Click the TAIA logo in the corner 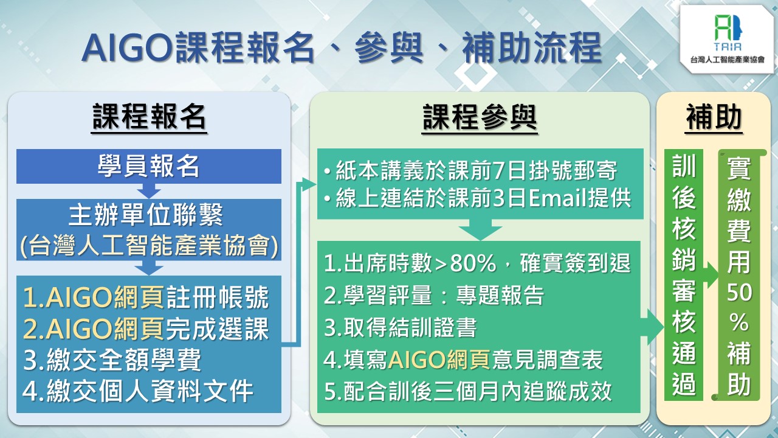tap(728, 39)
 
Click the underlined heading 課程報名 tap(149, 117)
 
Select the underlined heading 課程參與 tap(480, 117)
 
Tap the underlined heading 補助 tap(714, 117)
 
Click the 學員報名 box tap(149, 166)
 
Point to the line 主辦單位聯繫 tap(146, 215)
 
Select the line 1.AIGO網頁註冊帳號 tap(146, 297)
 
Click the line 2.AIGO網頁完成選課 tap(146, 328)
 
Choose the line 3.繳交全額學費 tap(112, 360)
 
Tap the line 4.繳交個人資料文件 tap(138, 391)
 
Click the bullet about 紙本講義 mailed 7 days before tap(470, 171)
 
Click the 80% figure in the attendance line tap(473, 263)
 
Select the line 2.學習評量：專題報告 tap(434, 296)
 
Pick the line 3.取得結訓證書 tap(400, 327)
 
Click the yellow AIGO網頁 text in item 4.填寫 tap(439, 360)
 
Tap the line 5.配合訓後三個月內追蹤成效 tap(468, 391)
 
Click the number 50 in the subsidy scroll tap(740, 293)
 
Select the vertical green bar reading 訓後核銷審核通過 tap(684, 275)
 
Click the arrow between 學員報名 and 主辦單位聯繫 tap(149, 191)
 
